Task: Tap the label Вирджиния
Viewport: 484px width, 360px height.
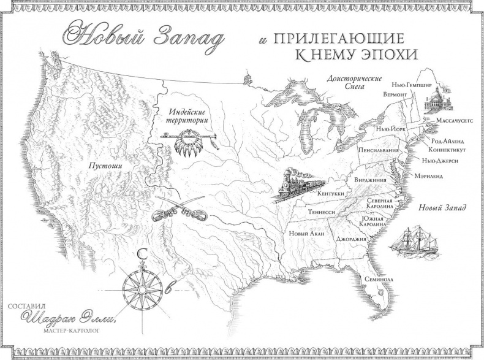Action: click(x=370, y=181)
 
